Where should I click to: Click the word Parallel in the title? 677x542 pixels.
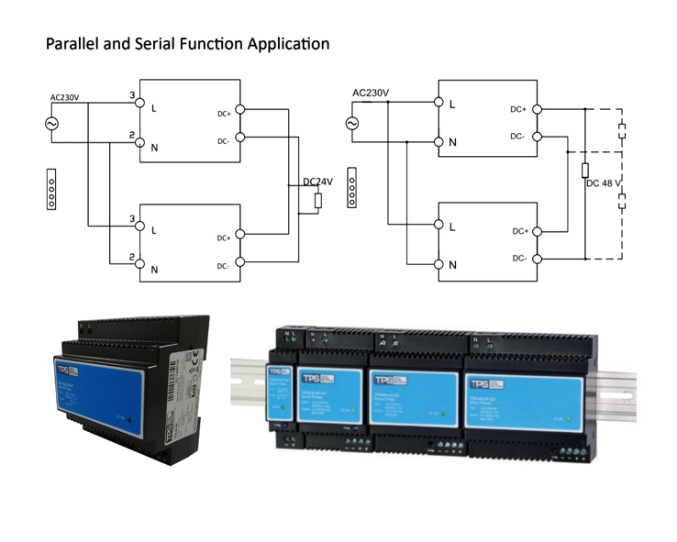click(70, 43)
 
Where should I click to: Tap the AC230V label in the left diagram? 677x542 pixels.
click(65, 96)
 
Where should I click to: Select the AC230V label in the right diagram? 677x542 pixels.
click(370, 93)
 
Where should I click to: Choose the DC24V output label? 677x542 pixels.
click(317, 182)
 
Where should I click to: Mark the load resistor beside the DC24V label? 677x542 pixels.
click(317, 201)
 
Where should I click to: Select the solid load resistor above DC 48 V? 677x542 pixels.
click(584, 170)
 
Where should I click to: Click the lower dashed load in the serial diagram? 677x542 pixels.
click(623, 201)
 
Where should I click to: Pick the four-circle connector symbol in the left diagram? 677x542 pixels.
click(51, 188)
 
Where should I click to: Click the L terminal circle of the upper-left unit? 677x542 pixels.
click(139, 105)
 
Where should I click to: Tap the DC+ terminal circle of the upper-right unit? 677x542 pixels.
click(537, 108)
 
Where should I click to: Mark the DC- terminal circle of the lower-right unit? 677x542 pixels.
click(537, 259)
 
